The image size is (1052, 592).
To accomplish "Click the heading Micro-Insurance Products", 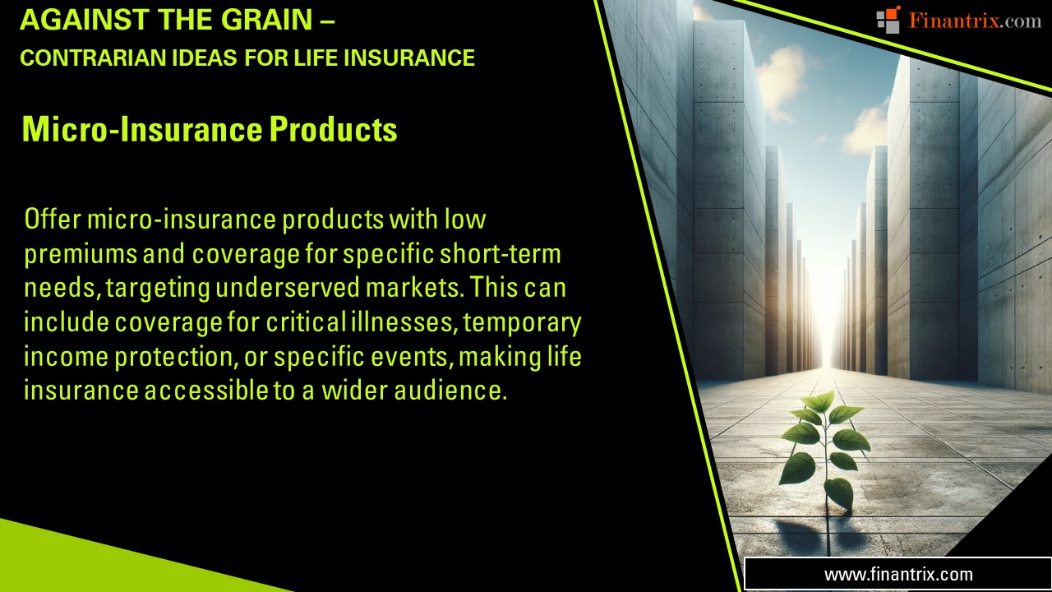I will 210,129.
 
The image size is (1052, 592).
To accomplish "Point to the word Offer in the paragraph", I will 51,220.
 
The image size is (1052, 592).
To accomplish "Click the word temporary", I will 523,322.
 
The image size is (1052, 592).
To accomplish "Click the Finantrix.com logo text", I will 975,21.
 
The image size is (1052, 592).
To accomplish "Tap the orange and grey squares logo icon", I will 888,20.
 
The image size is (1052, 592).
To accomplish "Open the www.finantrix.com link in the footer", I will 897,574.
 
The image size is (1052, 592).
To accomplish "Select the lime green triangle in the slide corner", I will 99,563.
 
